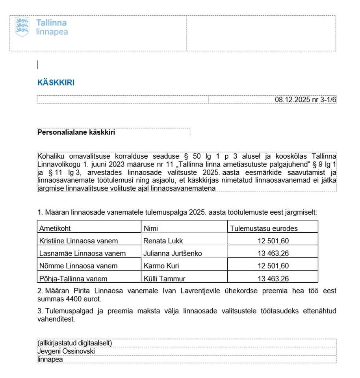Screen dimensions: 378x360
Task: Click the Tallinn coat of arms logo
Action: point(22,27)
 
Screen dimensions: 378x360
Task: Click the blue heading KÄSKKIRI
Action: point(56,83)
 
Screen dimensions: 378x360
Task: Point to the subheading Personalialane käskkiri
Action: point(76,132)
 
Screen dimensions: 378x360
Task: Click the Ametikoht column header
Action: point(55,228)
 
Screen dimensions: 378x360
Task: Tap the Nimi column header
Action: point(151,228)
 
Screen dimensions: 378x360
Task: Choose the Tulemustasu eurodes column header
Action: point(264,228)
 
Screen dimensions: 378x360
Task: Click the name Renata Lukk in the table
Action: point(163,241)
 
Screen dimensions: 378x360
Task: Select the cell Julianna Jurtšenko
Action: point(173,254)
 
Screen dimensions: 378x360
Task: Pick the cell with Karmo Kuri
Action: point(161,266)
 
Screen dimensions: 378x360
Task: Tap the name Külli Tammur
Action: point(164,278)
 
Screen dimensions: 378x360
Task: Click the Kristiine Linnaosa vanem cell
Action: point(78,241)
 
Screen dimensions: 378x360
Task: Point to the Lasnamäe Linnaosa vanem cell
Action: point(82,254)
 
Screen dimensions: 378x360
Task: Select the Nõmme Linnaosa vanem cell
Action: point(78,266)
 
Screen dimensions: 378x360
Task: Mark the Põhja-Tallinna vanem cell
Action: point(73,278)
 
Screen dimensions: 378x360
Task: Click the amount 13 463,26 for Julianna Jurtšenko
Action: point(273,254)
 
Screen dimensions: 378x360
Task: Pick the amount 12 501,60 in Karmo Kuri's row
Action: point(273,266)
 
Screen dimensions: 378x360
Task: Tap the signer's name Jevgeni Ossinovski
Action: point(66,351)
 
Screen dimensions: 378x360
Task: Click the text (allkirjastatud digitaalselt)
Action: point(75,343)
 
